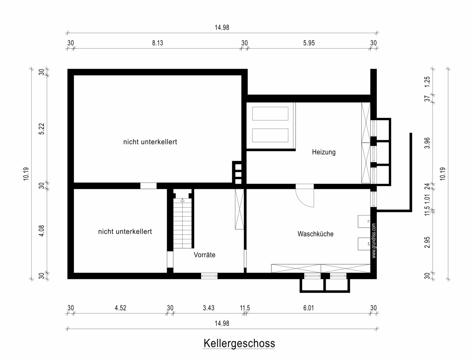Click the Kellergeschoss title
[239, 343]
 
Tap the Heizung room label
[324, 152]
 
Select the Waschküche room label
[316, 234]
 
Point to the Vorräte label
[205, 255]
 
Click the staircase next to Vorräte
[182, 223]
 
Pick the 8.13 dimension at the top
[158, 43]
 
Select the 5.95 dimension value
[309, 43]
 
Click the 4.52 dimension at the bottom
[120, 308]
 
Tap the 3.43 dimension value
[209, 308]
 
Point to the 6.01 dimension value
[308, 308]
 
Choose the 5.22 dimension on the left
[41, 129]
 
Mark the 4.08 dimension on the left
[41, 231]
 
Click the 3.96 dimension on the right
[427, 143]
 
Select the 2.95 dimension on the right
[427, 242]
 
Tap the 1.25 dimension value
[427, 82]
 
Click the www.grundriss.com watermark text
[374, 241]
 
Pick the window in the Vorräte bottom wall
[209, 276]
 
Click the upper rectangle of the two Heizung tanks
[270, 114]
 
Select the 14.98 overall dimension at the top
[222, 27]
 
